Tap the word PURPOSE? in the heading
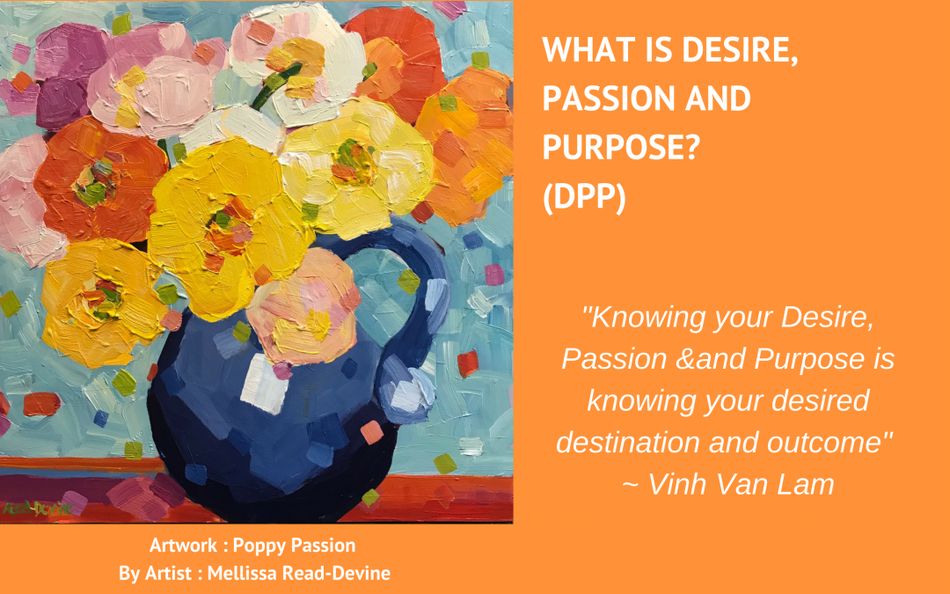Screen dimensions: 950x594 (x=621, y=147)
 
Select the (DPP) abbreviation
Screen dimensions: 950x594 (x=584, y=196)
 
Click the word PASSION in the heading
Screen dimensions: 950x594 (x=607, y=99)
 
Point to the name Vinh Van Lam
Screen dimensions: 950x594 (x=741, y=484)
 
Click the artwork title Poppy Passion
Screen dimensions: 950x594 (x=294, y=546)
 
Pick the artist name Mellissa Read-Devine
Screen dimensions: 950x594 (x=299, y=574)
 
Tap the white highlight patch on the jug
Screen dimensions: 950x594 (x=264, y=385)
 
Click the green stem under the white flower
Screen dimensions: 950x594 (x=275, y=88)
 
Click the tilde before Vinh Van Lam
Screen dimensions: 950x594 (x=630, y=486)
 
